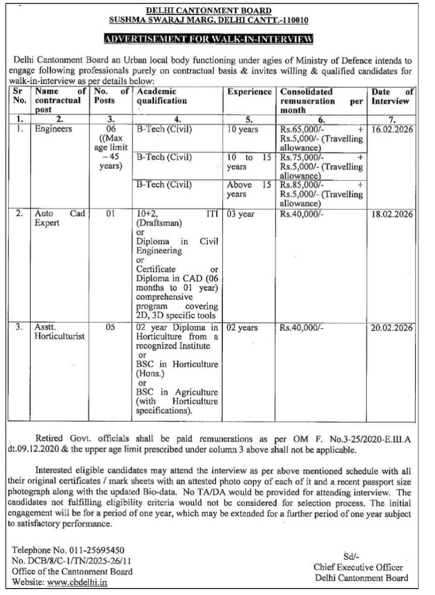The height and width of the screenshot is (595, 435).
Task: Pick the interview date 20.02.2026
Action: [x=392, y=328]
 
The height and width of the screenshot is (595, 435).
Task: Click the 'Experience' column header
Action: [x=250, y=92]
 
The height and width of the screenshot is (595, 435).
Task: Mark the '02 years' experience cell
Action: [x=242, y=328]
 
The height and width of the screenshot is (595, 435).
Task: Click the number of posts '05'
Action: [x=110, y=328]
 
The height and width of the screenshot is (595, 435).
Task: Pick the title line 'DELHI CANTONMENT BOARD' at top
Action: [x=209, y=10]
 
